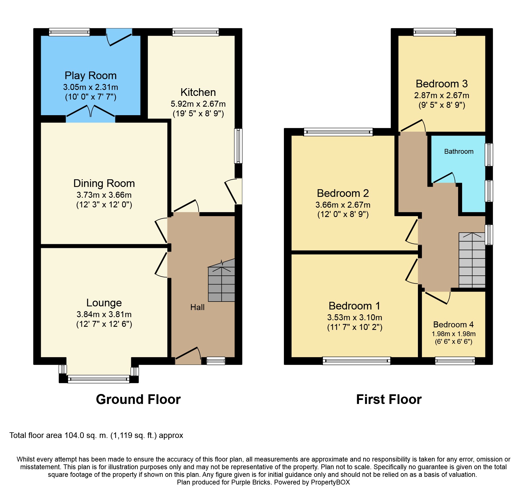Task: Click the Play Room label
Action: point(91,76)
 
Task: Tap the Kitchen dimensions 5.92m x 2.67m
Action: point(198,104)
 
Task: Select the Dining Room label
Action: point(104,184)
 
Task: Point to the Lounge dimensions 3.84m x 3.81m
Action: point(104,314)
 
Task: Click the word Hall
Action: point(197,307)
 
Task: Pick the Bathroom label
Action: point(459,151)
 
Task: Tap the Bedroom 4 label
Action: point(453,325)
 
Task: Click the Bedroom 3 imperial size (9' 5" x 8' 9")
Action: point(442,105)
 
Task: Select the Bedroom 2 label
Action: point(343,193)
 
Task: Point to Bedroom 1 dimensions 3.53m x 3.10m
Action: point(355,317)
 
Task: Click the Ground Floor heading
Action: point(138,399)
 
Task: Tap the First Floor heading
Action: point(389,399)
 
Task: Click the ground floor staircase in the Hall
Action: point(222,281)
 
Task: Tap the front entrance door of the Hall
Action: point(188,356)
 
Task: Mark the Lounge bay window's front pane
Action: point(99,379)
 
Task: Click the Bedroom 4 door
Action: point(436,298)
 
